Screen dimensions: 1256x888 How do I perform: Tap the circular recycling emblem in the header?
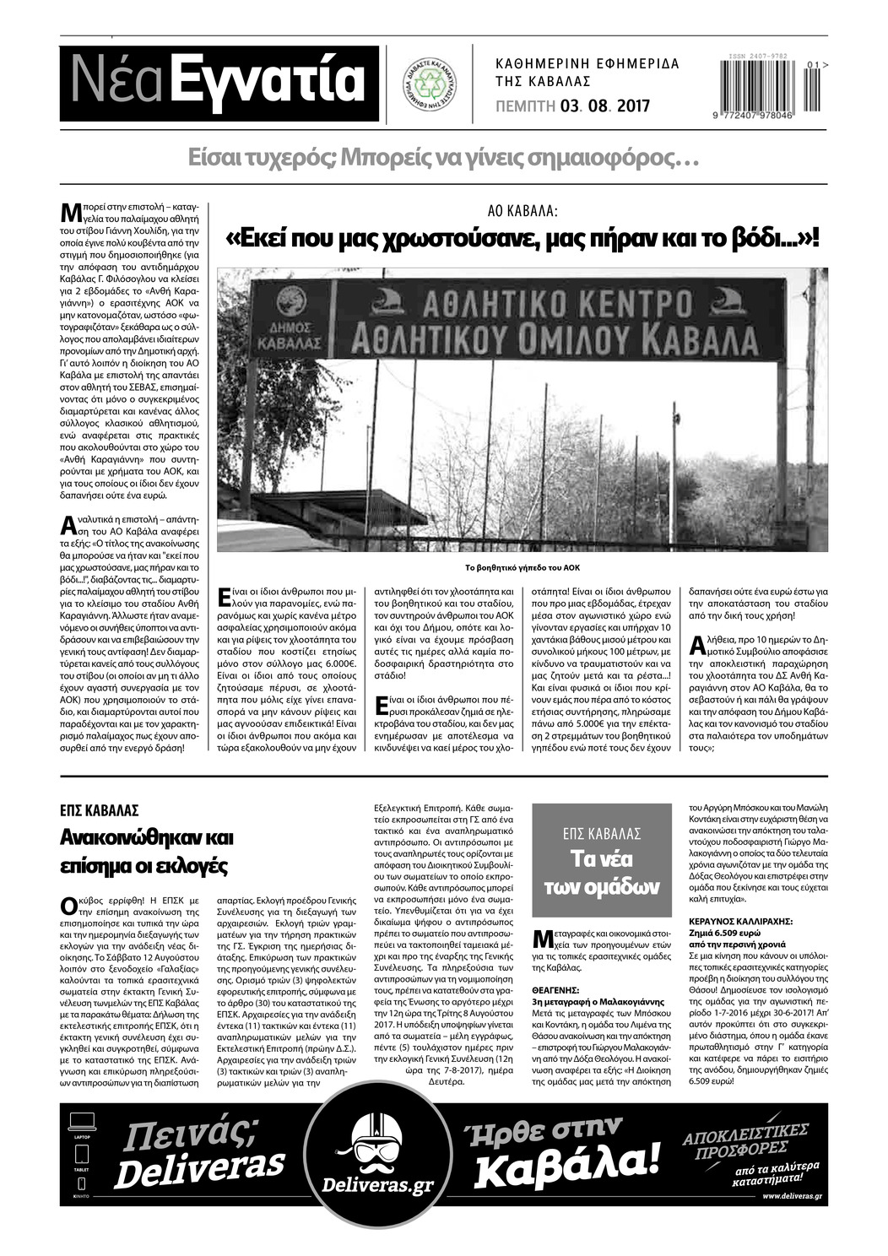(x=428, y=83)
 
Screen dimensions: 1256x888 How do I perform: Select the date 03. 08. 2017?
(x=604, y=106)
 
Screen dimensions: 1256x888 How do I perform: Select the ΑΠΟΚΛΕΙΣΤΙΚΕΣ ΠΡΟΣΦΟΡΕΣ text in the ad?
(x=746, y=1139)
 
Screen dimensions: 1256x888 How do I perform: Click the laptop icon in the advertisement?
(x=82, y=1123)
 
